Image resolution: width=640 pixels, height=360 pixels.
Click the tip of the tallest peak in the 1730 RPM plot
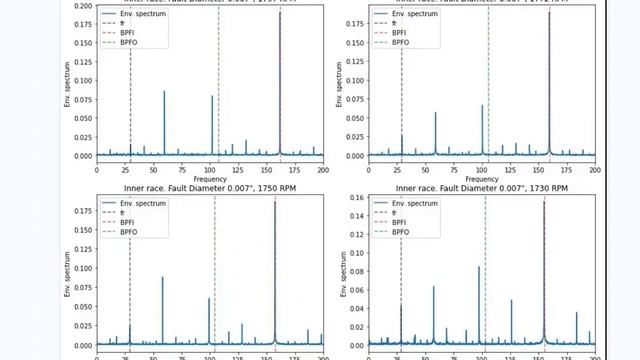point(544,202)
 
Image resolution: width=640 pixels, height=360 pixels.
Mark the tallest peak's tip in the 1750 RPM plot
point(275,204)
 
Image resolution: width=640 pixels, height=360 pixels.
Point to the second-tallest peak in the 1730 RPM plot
point(479,267)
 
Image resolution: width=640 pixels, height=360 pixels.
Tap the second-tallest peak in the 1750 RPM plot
point(162,278)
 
